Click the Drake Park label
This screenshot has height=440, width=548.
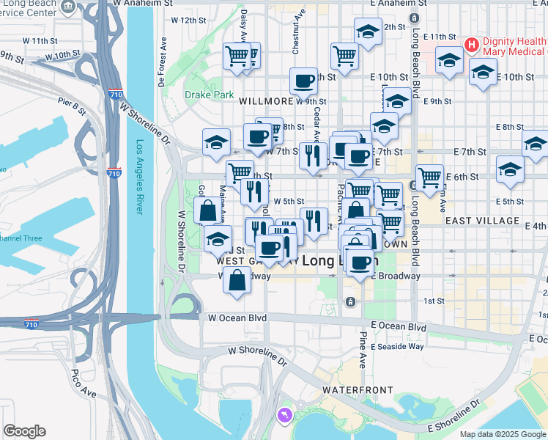click(x=209, y=95)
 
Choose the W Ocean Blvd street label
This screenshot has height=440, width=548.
click(x=237, y=318)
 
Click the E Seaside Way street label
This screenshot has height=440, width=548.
click(x=397, y=346)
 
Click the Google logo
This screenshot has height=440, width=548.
click(x=24, y=431)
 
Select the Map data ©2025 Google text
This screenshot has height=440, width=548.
click(x=503, y=434)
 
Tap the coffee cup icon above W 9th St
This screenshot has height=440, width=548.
click(x=303, y=81)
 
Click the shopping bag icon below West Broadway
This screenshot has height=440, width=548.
click(x=237, y=281)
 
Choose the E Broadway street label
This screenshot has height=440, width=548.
click(x=396, y=276)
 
